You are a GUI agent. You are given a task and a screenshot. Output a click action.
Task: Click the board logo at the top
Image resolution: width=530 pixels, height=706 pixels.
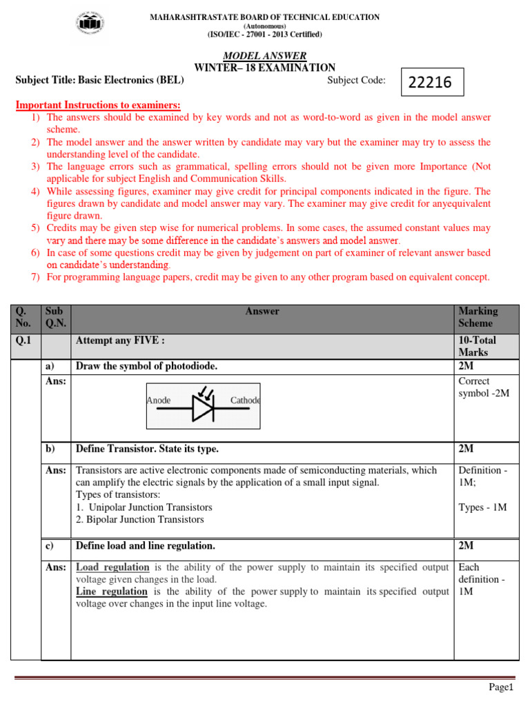[89, 25]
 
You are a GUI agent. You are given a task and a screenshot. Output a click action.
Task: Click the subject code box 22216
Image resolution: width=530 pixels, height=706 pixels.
[431, 82]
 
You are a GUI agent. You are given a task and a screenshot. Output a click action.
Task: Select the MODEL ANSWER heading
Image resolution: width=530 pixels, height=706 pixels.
[265, 56]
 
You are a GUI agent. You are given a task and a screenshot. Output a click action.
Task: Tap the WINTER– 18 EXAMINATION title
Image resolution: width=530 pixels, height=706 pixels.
[265, 68]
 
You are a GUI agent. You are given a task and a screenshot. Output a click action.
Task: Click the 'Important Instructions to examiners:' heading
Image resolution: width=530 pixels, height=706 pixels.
[98, 105]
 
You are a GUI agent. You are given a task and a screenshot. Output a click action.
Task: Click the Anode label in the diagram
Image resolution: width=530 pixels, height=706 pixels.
[159, 401]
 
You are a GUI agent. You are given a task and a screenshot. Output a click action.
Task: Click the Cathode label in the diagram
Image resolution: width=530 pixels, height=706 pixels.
[245, 401]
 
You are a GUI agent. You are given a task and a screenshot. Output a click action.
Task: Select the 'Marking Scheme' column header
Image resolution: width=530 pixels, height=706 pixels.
[478, 317]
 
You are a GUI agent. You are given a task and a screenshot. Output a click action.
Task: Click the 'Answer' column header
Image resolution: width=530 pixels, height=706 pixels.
[262, 312]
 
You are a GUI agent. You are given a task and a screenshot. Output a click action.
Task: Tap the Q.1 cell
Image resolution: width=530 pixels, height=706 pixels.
[26, 341]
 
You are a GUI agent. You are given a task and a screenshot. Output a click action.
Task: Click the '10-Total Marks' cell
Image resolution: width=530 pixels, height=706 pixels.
[478, 346]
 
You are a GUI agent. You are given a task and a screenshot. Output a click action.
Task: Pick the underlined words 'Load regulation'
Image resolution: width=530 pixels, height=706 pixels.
[112, 567]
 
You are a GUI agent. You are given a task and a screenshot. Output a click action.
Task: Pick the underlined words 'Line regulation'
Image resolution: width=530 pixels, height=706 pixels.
[111, 592]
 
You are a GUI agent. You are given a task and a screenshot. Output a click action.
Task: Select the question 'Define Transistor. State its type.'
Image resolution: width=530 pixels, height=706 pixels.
[147, 449]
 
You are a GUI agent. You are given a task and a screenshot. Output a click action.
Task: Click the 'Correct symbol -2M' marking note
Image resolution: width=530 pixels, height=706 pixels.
[483, 387]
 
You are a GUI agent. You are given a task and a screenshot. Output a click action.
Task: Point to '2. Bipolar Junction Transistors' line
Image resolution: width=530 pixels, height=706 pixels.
[139, 519]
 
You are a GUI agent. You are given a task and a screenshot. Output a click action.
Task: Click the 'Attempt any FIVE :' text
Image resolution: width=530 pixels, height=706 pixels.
[120, 341]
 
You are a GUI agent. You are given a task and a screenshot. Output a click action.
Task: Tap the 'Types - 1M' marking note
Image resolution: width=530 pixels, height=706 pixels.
[482, 507]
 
